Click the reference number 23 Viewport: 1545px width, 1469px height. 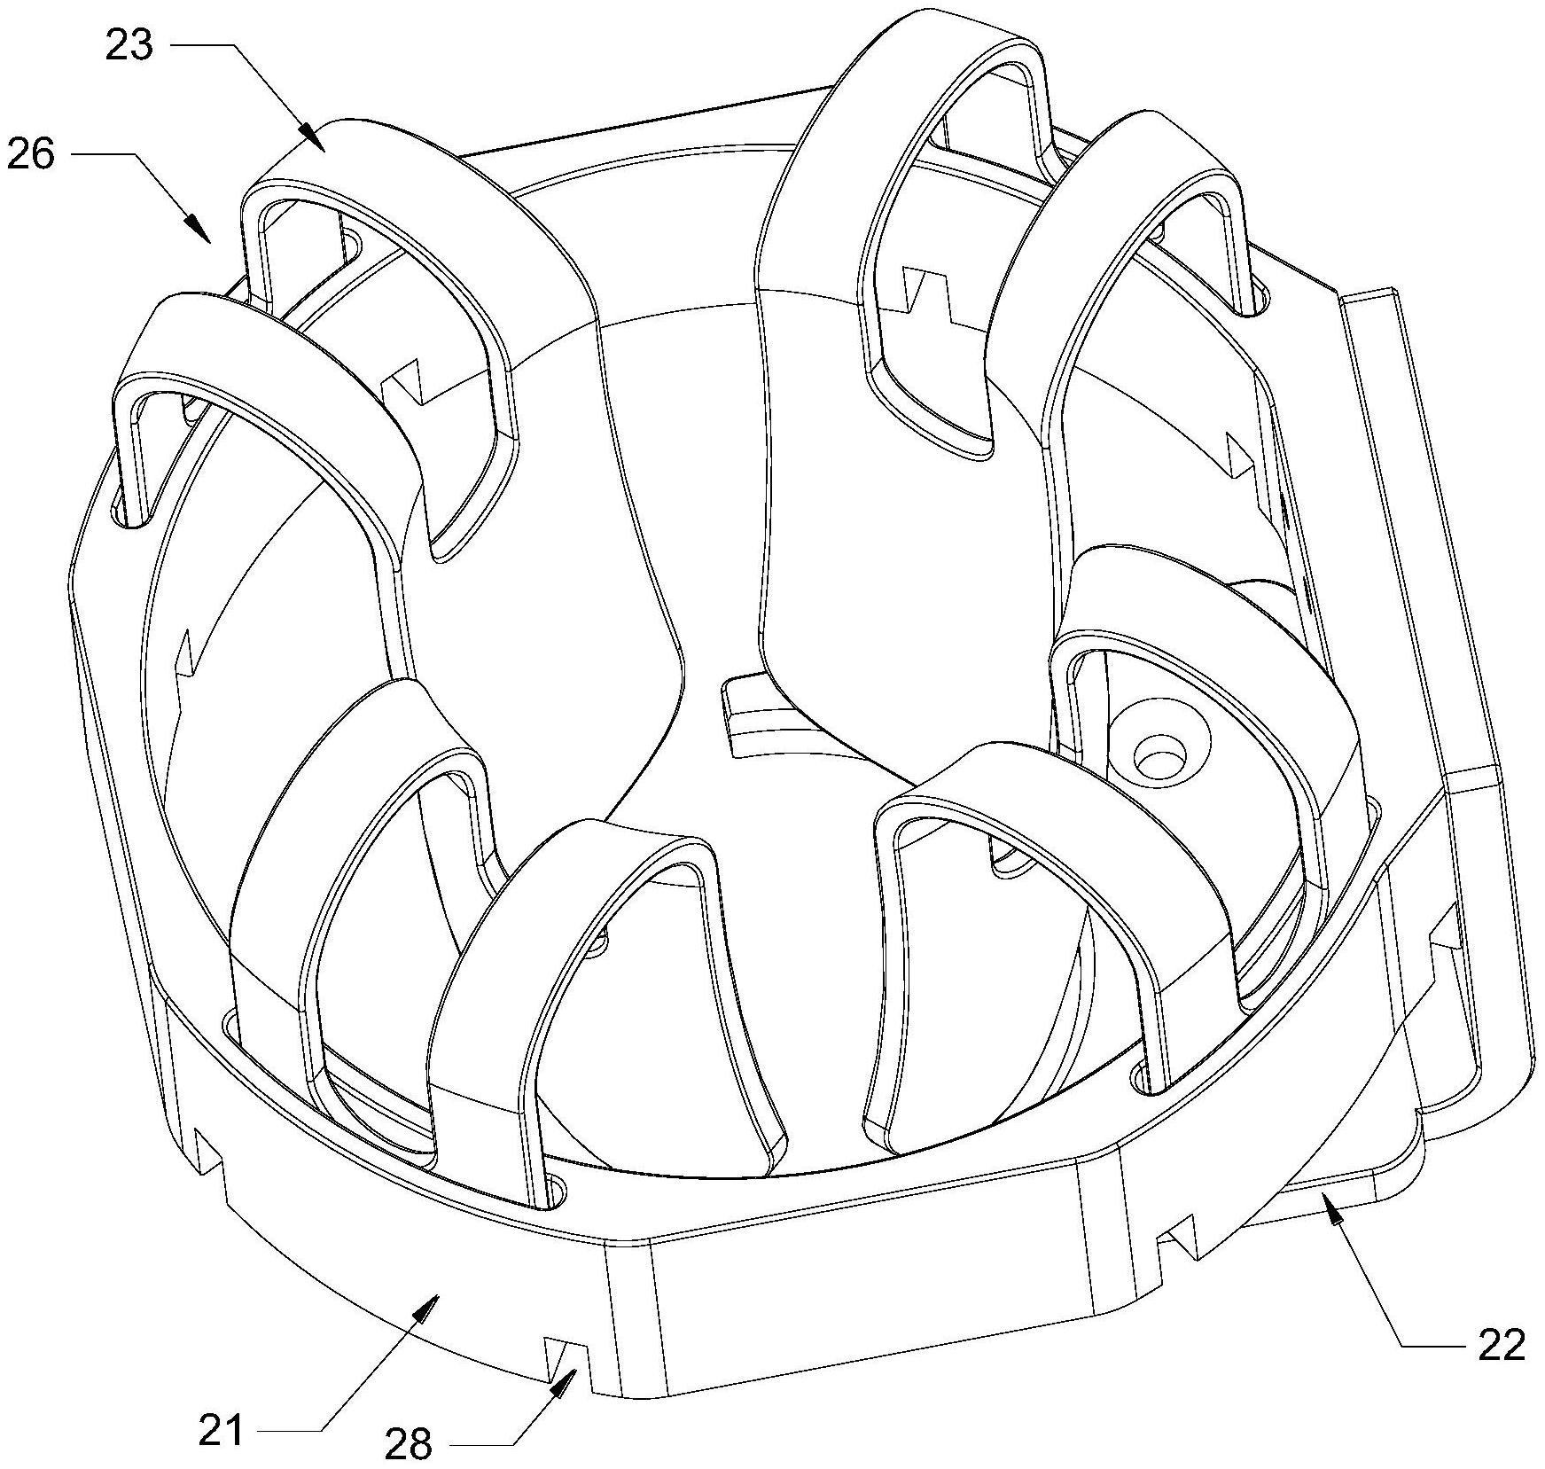click(x=129, y=45)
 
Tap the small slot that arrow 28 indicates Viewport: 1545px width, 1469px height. click(x=565, y=1356)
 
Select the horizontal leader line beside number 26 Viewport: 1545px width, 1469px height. click(x=103, y=155)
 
